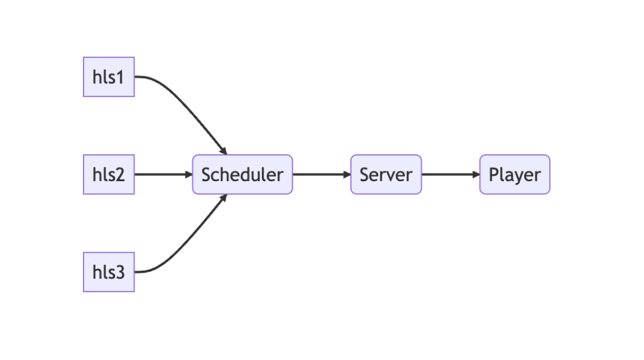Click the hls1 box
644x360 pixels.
click(109, 77)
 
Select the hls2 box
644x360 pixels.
click(109, 175)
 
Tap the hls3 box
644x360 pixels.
click(109, 272)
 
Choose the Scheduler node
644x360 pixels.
click(242, 175)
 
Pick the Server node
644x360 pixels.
click(386, 175)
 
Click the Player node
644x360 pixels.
click(515, 175)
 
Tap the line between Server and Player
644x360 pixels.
click(447, 175)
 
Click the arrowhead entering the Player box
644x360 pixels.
click(476, 175)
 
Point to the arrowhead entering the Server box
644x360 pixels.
click(346, 175)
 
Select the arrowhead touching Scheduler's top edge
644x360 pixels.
click(224, 151)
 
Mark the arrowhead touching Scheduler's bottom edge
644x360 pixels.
click(224, 197)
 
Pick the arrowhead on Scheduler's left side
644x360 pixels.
click(188, 175)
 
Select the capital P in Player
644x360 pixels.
click(494, 175)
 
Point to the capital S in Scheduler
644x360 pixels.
click(206, 175)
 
